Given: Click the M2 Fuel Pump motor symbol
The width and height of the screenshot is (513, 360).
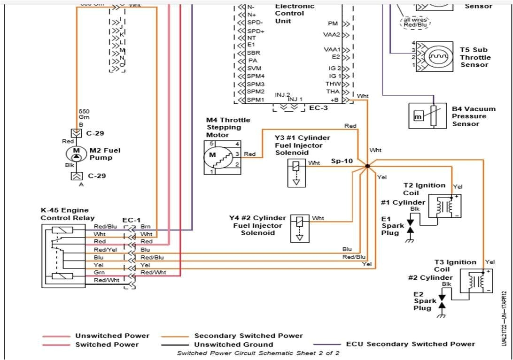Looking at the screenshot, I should [x=76, y=153].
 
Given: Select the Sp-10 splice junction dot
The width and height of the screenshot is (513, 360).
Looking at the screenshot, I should [x=367, y=166].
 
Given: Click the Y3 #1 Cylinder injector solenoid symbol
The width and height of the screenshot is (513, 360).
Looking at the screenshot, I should [x=296, y=172].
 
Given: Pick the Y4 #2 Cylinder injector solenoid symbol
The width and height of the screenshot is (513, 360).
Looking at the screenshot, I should [x=300, y=228].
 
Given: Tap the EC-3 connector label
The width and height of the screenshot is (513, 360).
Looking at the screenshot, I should [x=318, y=108].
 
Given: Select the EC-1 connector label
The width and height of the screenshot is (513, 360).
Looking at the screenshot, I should [x=131, y=220].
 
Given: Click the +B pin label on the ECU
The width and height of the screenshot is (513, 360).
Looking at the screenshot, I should [x=334, y=100].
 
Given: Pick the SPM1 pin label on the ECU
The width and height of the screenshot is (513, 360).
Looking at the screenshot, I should [x=256, y=100].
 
